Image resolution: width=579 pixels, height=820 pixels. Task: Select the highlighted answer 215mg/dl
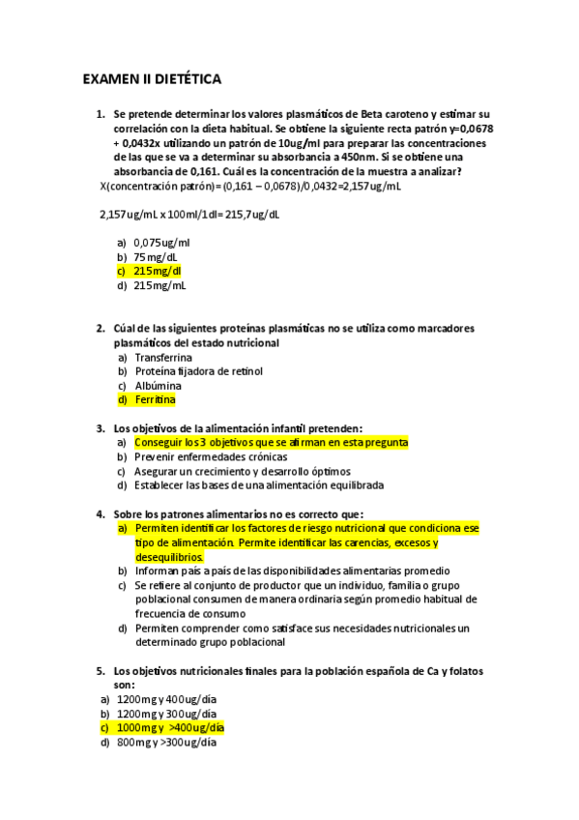158,272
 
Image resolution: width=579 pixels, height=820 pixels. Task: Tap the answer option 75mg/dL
156,257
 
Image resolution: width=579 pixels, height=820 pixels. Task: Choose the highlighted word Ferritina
156,399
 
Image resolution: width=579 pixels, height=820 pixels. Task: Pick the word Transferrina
163,357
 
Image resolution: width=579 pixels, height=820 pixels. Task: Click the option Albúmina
159,385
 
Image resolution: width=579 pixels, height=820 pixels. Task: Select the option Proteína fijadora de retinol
199,370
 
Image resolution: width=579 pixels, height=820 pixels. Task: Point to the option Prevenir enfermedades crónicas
211,456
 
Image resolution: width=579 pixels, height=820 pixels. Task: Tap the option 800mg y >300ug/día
165,742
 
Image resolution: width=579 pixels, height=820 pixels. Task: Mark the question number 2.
100,329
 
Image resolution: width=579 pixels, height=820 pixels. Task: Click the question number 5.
100,671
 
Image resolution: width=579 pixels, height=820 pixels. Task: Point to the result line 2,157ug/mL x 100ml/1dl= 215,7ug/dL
189,215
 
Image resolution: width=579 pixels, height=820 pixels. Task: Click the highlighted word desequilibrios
169,557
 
